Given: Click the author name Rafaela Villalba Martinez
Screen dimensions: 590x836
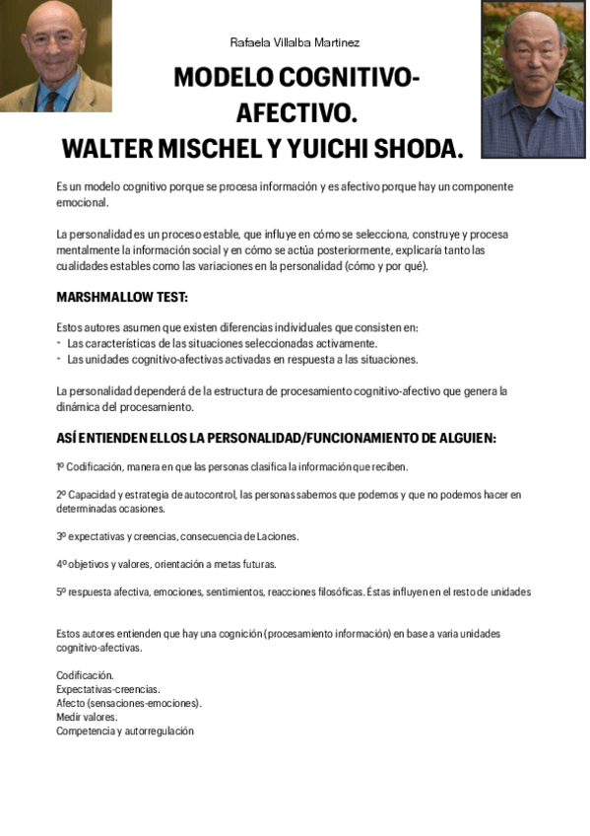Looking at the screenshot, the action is [x=295, y=42].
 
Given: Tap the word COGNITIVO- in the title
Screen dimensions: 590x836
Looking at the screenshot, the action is [x=349, y=78].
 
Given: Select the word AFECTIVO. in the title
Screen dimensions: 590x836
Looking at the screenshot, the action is [x=295, y=113].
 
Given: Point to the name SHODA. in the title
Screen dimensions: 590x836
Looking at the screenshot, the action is [x=413, y=149].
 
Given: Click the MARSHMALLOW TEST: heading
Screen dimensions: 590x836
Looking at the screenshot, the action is [x=121, y=297].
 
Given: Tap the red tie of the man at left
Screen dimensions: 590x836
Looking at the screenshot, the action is [x=48, y=100].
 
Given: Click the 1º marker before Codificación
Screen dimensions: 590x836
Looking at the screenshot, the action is [x=60, y=466].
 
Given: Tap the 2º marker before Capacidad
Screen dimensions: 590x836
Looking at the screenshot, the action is [x=61, y=494].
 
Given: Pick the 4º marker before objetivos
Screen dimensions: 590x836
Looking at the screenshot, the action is [x=61, y=564].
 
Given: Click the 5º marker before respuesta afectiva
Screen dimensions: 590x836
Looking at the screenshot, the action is [x=61, y=592].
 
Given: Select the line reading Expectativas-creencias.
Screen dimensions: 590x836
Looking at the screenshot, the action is [x=107, y=689].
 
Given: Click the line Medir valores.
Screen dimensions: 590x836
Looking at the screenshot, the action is [x=87, y=717].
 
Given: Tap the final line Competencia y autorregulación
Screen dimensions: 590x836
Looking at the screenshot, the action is [x=124, y=731].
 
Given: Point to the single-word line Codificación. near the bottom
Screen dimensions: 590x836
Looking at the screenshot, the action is [x=85, y=675].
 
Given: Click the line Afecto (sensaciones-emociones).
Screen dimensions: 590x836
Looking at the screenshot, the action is [x=128, y=703].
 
